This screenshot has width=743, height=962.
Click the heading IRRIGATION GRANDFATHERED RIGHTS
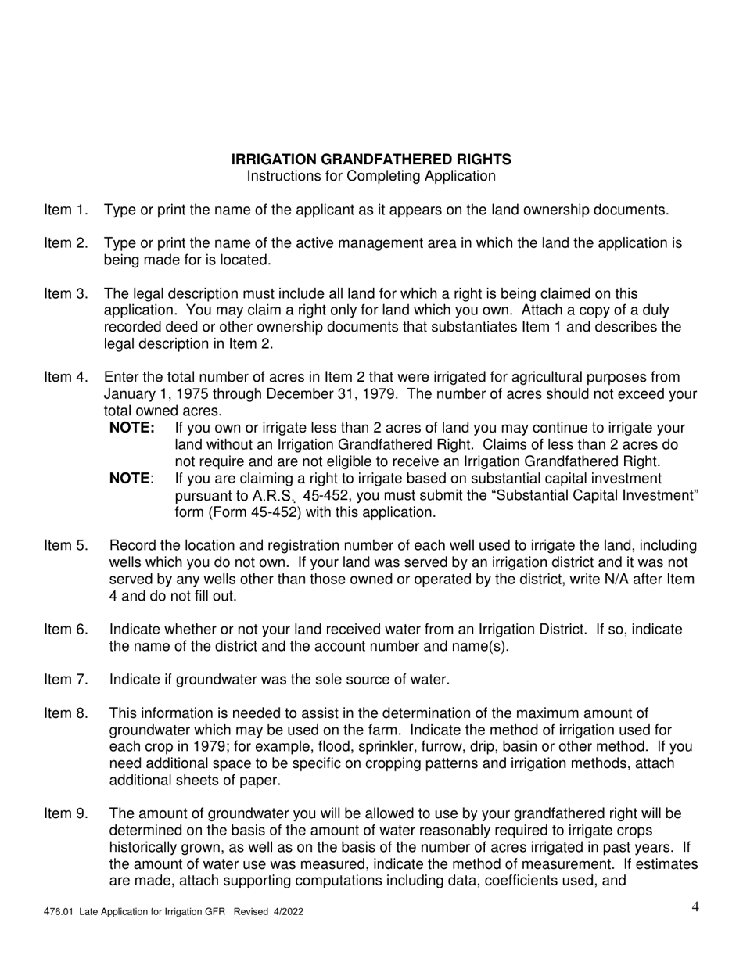[x=371, y=160]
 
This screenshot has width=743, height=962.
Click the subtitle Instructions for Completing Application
[x=371, y=176]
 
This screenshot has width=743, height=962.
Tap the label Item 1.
[x=66, y=210]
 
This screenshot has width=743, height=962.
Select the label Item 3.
[x=66, y=294]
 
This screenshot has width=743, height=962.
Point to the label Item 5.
[x=66, y=546]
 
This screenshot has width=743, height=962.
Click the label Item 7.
[x=66, y=680]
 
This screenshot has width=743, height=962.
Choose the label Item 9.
[x=66, y=814]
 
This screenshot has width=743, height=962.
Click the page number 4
[x=695, y=907]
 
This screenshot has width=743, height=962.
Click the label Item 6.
[x=66, y=630]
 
